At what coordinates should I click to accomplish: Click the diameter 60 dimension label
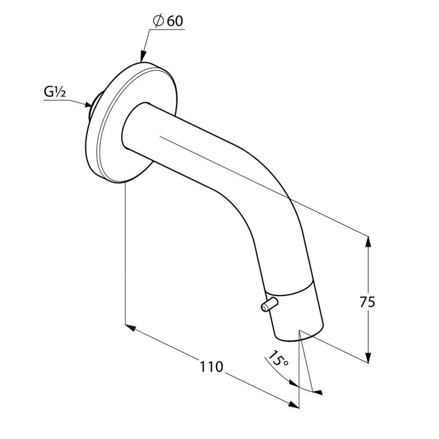point(168,21)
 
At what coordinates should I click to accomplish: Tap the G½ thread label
point(54,92)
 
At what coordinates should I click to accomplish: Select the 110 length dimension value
point(211,367)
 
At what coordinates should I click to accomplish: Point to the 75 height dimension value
point(367,302)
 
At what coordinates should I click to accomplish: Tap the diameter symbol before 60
point(159,21)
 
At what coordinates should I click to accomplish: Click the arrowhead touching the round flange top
point(143,56)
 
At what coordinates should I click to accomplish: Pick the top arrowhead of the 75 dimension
point(368,242)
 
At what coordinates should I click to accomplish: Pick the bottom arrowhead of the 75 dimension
point(368,357)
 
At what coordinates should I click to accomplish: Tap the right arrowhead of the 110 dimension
point(294,405)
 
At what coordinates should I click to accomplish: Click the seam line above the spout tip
point(290,290)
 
